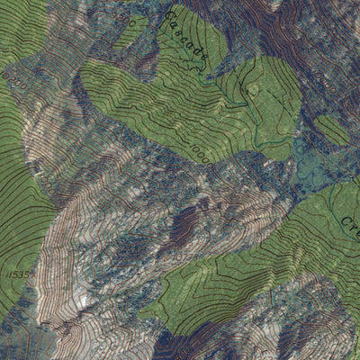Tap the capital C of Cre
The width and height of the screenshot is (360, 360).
[344, 220]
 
